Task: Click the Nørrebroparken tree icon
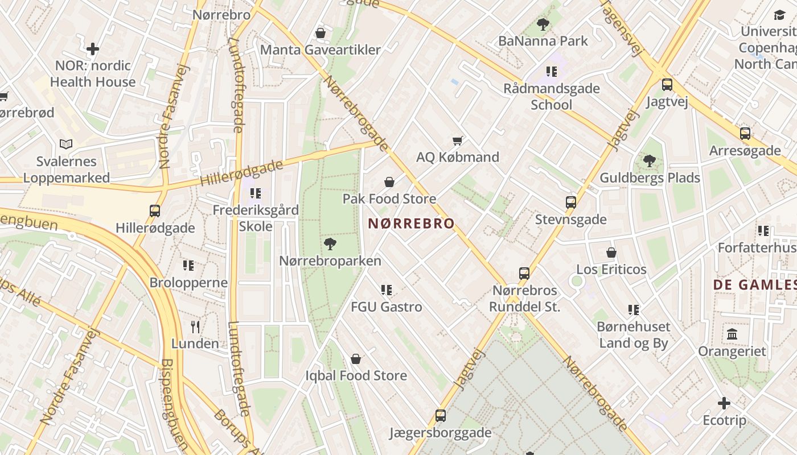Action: [x=330, y=245]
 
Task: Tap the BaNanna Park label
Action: [x=543, y=41]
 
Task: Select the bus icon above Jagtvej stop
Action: [x=667, y=85]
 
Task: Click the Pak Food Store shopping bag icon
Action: [x=389, y=182]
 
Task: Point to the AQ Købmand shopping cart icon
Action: [x=457, y=140]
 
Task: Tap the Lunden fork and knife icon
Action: [x=195, y=326]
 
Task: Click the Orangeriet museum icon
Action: [x=732, y=334]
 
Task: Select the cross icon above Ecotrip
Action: [x=724, y=403]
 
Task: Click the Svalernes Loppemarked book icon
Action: [x=66, y=144]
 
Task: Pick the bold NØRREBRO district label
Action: [x=412, y=224]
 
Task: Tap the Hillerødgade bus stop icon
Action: [x=155, y=211]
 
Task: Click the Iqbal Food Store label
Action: [x=356, y=376]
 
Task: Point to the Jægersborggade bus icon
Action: [x=440, y=416]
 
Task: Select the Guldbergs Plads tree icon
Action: [x=649, y=161]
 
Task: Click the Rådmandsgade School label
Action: [x=551, y=97]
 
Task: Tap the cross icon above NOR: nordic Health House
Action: [x=92, y=49]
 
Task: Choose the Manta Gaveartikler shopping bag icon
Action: [x=321, y=33]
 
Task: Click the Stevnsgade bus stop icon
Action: [x=571, y=202]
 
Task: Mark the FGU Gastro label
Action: [x=387, y=307]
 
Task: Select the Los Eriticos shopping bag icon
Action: [x=611, y=253]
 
